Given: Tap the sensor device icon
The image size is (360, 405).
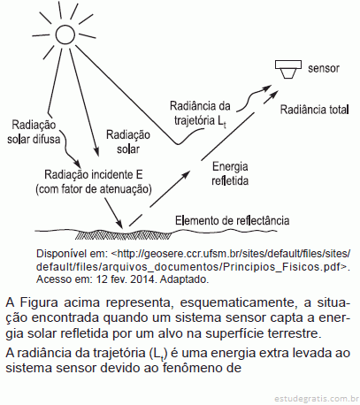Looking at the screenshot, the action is pos(288,69).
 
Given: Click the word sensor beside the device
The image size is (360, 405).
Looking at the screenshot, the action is pos(324,68).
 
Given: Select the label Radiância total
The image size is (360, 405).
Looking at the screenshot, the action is pos(314,110).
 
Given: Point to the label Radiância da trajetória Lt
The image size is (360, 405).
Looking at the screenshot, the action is pos(200,114).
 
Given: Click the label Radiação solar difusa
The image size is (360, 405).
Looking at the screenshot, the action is pos(34,132).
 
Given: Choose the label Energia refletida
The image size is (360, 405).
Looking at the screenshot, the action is pos(230,173).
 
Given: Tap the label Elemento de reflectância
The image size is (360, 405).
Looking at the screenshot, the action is pos(232,220).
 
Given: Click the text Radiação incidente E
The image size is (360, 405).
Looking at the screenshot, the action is pos(94,174).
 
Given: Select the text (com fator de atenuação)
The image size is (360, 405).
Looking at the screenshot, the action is pos(94,189).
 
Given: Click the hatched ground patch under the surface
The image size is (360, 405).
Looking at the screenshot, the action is pos(123,235).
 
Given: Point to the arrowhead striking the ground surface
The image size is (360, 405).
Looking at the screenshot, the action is pos(119,224).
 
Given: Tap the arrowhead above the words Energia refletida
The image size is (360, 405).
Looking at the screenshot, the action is pos(185,175).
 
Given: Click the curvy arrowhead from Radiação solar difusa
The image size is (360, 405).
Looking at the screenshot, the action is pos(77,163).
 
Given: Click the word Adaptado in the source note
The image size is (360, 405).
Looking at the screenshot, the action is pos(184,279).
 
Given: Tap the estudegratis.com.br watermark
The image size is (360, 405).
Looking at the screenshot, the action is pos(315,399).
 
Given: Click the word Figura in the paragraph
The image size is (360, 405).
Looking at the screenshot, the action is pos(38,302).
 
